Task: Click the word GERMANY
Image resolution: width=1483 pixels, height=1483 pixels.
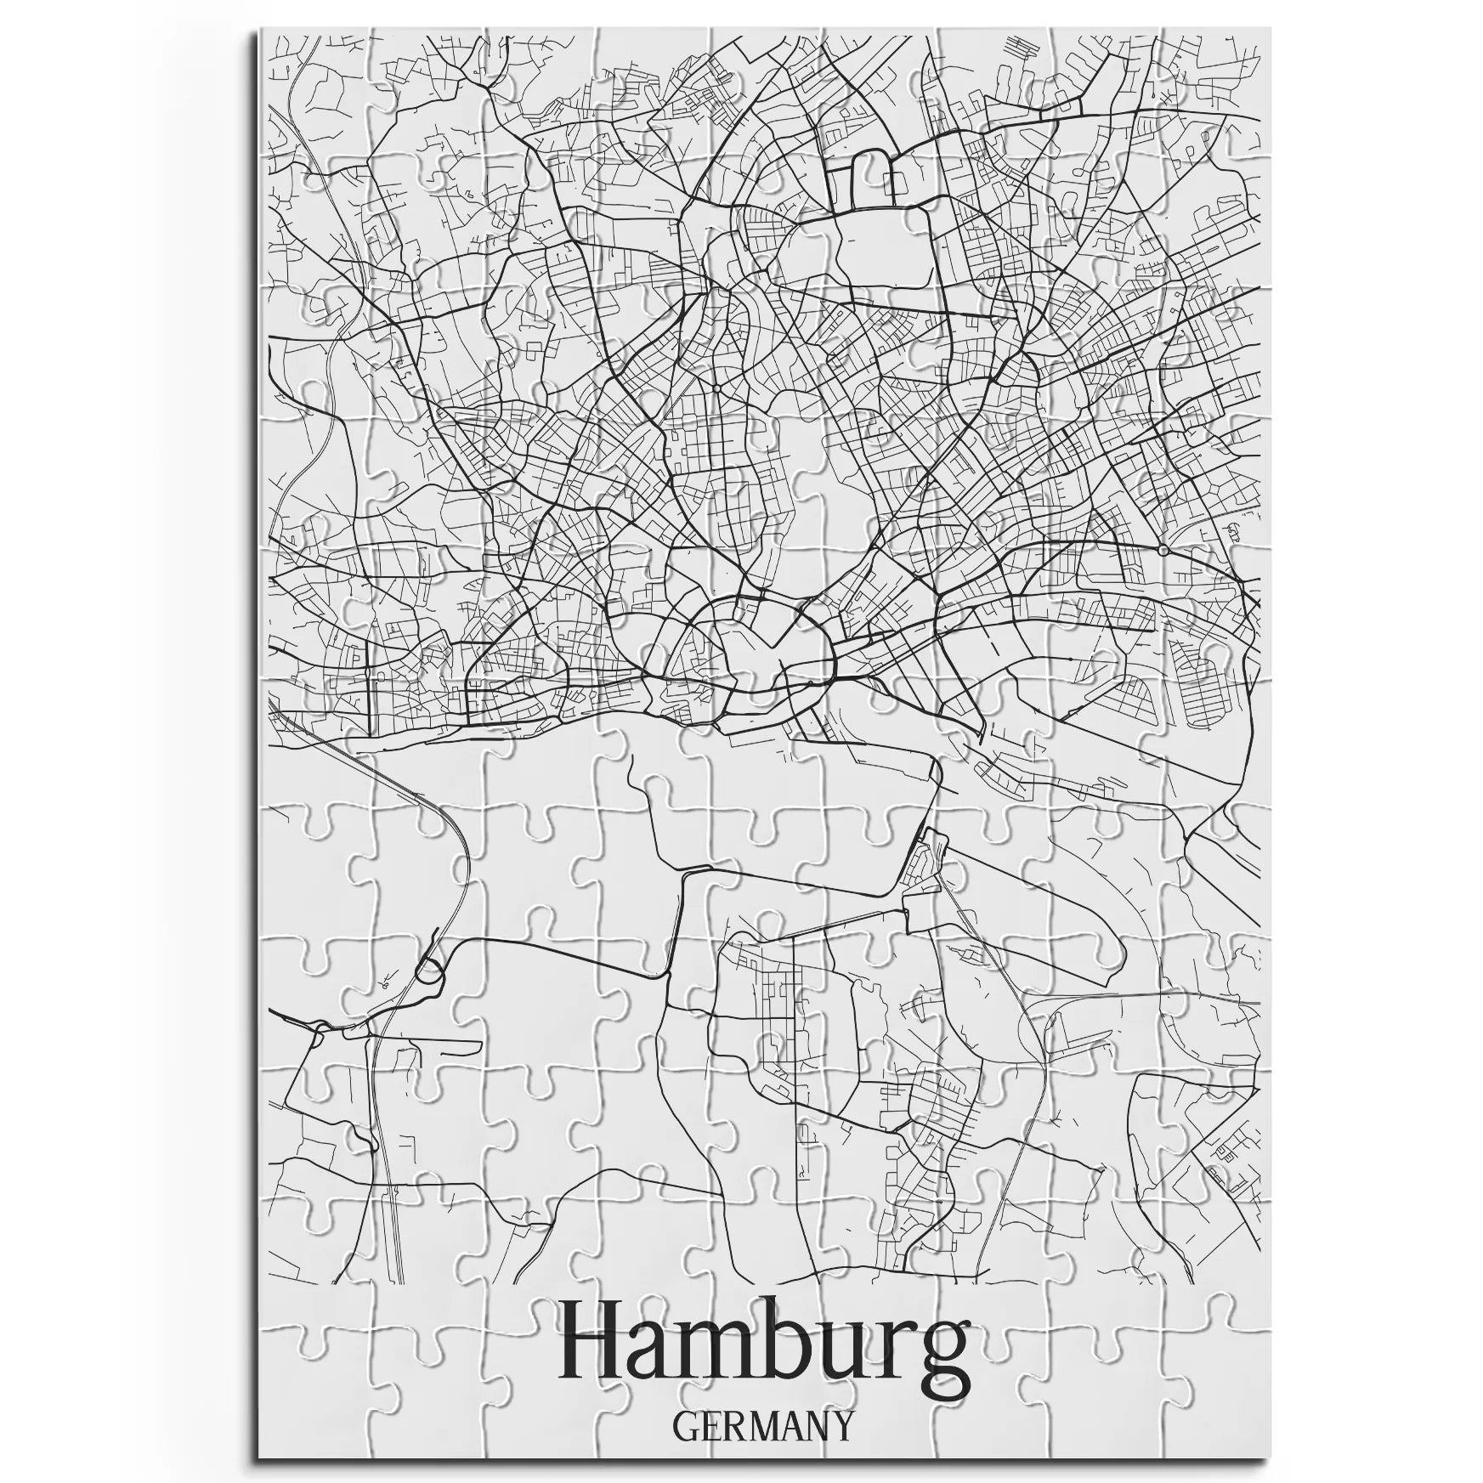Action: click(x=761, y=1425)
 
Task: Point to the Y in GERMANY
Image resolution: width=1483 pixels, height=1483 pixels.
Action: click(x=841, y=1425)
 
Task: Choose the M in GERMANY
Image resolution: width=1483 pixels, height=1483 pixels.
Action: click(x=761, y=1425)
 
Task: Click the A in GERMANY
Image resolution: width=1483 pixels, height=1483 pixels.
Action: click(x=790, y=1425)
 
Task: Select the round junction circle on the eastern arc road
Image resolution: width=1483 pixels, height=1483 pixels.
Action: click(x=1162, y=550)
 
